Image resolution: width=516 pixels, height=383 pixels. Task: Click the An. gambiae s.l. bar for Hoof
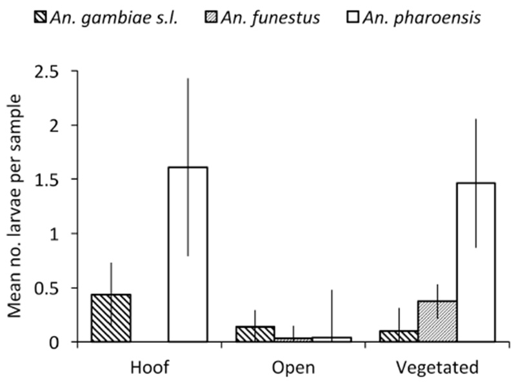(111, 318)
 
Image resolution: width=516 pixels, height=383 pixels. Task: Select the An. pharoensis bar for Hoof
(188, 254)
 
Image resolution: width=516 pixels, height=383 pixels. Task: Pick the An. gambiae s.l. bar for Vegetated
(399, 336)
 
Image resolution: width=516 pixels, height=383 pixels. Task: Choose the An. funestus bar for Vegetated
(437, 321)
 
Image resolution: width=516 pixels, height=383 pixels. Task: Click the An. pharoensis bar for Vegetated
(475, 262)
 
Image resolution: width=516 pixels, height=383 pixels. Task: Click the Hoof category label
(148, 368)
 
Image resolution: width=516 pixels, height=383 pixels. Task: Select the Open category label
(293, 368)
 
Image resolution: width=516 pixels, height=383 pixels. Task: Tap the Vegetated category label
(437, 368)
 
